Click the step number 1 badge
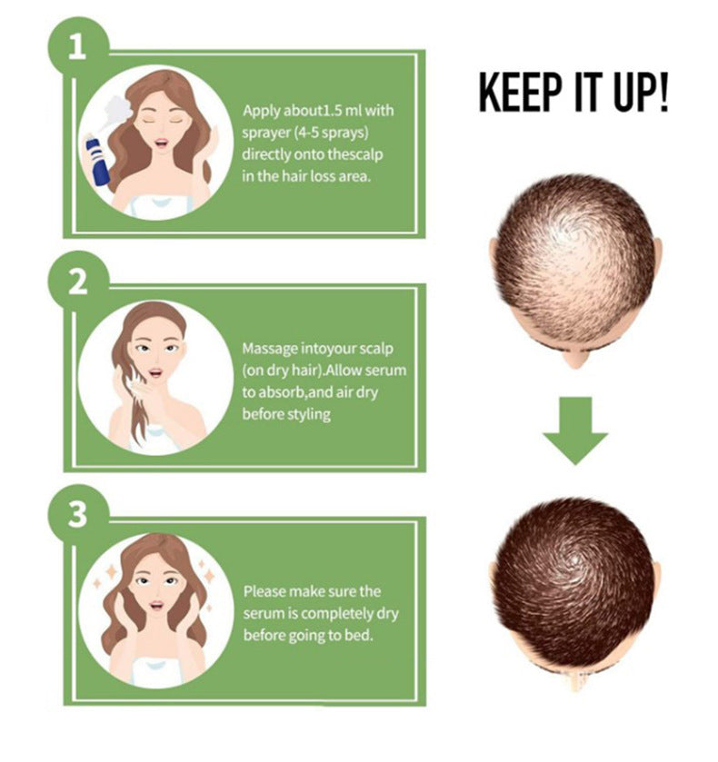pos(77,47)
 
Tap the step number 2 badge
pos(77,282)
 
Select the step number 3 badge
pos(77,516)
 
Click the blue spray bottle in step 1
pos(97,160)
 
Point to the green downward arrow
pos(574,431)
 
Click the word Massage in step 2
pos(270,349)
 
